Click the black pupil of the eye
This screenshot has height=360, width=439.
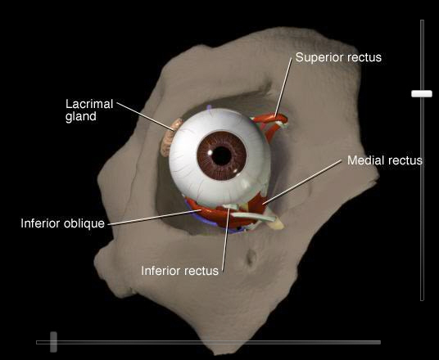pyautogui.click(x=221, y=155)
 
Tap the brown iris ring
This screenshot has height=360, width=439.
pyautogui.click(x=205, y=155)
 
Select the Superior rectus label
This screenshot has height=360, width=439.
pyautogui.click(x=338, y=57)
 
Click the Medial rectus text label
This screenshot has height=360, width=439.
pyautogui.click(x=385, y=160)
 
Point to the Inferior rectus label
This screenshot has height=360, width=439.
pyautogui.click(x=179, y=271)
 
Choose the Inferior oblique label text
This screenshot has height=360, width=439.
pyautogui.click(x=63, y=223)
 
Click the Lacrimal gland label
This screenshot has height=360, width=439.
pyautogui.click(x=89, y=110)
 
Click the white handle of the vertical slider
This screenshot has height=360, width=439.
pyautogui.click(x=422, y=93)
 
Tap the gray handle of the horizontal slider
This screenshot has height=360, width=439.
pyautogui.click(x=53, y=342)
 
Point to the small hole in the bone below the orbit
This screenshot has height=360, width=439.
pyautogui.click(x=251, y=259)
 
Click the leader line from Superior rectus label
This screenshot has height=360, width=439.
pyautogui.click(x=283, y=88)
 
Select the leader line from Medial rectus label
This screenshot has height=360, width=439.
pyautogui.click(x=302, y=182)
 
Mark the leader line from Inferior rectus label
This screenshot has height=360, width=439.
pyautogui.click(x=226, y=240)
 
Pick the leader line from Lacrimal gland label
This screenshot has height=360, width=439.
pyautogui.click(x=146, y=116)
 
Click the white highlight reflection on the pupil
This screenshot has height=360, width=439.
pyautogui.click(x=210, y=153)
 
